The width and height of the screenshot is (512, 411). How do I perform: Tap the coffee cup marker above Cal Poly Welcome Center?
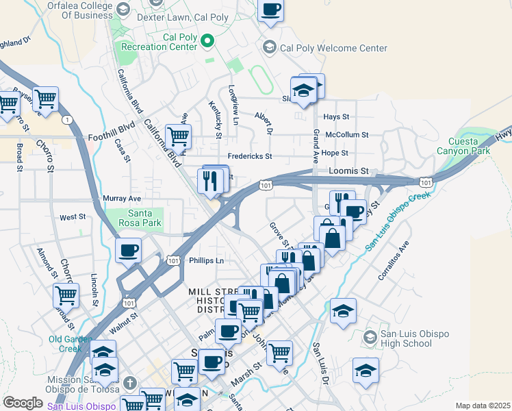[271, 10]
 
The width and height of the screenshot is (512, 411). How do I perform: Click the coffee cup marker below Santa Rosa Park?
[129, 251]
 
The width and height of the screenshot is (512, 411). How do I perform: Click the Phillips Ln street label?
[206, 261]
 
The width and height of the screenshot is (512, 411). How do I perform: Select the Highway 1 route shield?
[67, 120]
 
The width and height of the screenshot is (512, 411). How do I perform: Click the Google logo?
[23, 403]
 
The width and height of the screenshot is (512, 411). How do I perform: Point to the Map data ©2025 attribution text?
[483, 406]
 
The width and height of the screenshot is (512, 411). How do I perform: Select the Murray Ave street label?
[121, 199]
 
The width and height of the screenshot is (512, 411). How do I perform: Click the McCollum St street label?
[347, 135]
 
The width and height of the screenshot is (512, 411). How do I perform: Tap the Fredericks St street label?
[250, 156]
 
